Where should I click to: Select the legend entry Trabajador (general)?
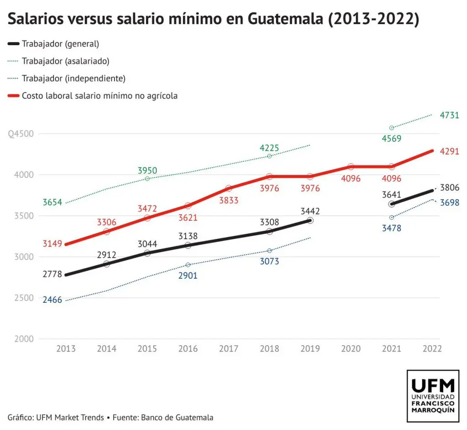click(x=60, y=44)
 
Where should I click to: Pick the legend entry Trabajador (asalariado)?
click(x=66, y=61)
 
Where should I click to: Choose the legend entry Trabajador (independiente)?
click(x=73, y=78)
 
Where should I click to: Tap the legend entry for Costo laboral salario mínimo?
click(x=99, y=96)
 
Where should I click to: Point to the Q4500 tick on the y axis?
click(x=21, y=134)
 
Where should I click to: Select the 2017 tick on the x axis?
click(x=228, y=349)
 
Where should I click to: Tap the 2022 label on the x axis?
click(x=432, y=349)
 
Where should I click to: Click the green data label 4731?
click(x=449, y=116)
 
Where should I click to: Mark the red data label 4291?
click(x=449, y=152)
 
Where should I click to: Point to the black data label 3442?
click(x=310, y=211)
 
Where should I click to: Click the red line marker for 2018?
click(x=270, y=176)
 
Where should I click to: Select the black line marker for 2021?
click(x=391, y=204)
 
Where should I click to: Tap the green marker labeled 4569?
click(x=391, y=128)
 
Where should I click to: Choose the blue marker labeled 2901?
click(x=188, y=265)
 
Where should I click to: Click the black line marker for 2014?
click(x=106, y=264)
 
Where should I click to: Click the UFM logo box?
click(x=433, y=396)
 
